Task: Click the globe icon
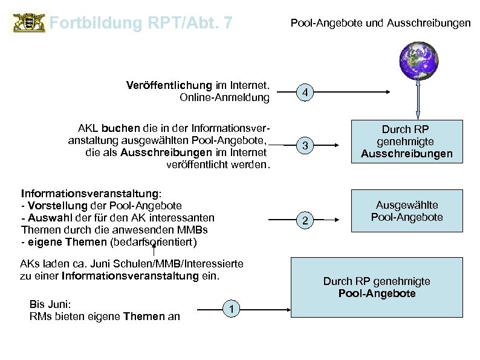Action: [417, 61]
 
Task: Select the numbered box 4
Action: [306, 93]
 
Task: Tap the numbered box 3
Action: [306, 146]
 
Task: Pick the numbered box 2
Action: [306, 220]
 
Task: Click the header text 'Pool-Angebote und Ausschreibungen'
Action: [380, 24]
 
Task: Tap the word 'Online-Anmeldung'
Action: [225, 97]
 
